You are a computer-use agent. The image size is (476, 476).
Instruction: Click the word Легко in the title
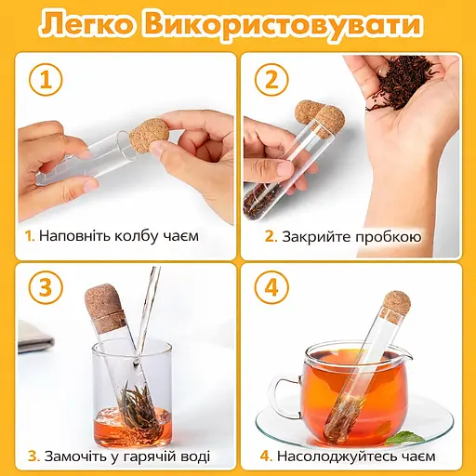87,24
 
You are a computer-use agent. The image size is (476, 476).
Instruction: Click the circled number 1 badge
46,80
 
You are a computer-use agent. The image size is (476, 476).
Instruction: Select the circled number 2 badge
271,80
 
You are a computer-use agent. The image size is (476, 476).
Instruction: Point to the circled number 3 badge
46,287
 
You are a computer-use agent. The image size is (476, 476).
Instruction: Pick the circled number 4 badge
271,287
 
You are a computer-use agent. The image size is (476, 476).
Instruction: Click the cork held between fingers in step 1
150,136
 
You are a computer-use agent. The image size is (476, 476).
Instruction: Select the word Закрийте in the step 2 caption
316,237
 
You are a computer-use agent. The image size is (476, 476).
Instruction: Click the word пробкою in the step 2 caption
388,237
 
